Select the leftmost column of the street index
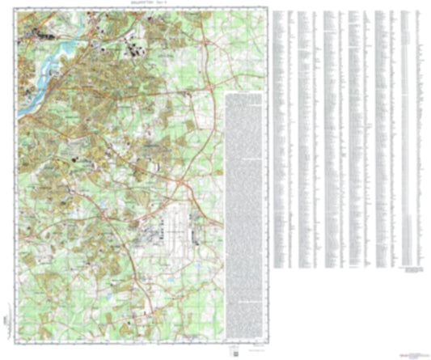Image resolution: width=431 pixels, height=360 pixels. click(282, 138)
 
